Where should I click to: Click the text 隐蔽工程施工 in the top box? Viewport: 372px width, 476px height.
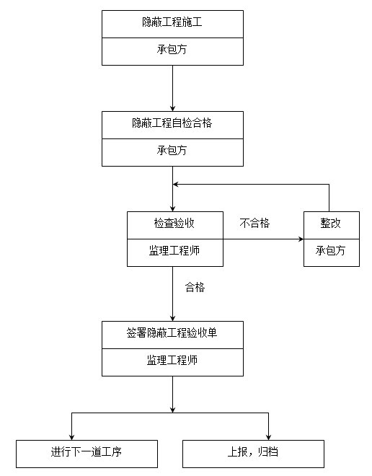click(172, 22)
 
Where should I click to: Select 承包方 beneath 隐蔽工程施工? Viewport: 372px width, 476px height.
click(172, 49)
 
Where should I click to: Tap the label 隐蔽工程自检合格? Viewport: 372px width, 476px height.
click(172, 123)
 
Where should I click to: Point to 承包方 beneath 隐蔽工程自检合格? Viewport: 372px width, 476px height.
click(172, 150)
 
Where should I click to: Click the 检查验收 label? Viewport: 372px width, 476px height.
click(174, 223)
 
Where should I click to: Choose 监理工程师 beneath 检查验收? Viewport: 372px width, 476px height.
click(174, 250)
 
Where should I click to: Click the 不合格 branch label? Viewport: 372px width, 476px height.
click(254, 223)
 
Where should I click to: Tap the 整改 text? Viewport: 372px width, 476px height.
click(331, 223)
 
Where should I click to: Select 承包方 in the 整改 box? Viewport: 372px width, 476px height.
click(331, 250)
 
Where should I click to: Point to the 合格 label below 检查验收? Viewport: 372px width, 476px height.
click(195, 287)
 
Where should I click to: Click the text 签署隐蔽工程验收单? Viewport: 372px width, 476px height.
click(172, 333)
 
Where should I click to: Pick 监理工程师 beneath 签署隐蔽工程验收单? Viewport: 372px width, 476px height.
click(172, 361)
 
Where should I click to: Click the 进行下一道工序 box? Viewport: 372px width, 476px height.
click(87, 454)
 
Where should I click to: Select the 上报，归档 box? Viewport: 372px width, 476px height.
click(253, 454)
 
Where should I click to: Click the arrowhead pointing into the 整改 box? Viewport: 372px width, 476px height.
click(301, 239)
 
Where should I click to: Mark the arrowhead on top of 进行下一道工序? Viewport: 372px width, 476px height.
click(71, 437)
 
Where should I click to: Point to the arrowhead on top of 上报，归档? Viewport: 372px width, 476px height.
click(268, 437)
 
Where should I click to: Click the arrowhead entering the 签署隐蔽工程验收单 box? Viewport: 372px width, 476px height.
click(172, 318)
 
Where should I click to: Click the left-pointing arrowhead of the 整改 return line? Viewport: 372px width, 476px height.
click(176, 184)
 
